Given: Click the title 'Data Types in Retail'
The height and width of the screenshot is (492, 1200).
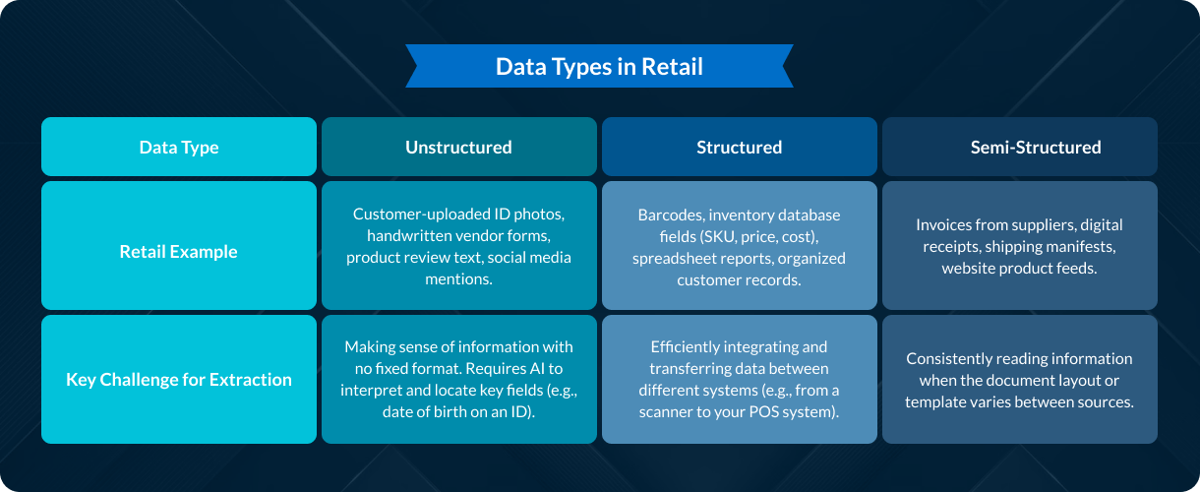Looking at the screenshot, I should [599, 67].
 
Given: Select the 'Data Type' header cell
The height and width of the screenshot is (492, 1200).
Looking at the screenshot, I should [179, 148].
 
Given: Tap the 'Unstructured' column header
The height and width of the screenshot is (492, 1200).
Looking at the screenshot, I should [458, 148].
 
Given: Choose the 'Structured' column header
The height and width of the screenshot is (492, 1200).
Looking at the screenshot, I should [739, 148].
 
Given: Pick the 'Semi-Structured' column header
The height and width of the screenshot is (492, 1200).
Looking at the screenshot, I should [1036, 148].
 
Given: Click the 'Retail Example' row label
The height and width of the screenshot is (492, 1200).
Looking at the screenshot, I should [179, 252].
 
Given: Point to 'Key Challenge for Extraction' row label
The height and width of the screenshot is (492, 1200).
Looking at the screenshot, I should [179, 380].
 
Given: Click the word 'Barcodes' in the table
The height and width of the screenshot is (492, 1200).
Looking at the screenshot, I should [669, 215].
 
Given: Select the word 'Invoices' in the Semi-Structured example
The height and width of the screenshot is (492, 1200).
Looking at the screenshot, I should [946, 224].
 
